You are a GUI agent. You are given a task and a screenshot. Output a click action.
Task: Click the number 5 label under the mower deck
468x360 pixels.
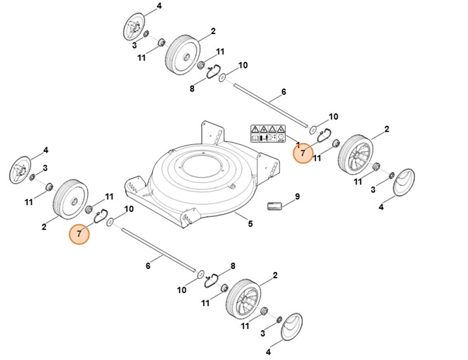(250, 223)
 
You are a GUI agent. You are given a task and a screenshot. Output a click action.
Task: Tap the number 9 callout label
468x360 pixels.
(297, 196)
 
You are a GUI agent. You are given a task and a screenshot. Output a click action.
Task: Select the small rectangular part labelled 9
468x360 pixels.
(273, 205)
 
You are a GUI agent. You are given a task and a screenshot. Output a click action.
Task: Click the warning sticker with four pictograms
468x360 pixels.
(268, 133)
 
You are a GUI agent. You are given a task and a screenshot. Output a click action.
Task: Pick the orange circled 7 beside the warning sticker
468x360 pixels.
(302, 153)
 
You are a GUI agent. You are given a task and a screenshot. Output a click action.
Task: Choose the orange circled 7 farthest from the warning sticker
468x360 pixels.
(79, 233)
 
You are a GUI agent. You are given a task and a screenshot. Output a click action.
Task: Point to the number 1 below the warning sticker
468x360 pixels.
(298, 146)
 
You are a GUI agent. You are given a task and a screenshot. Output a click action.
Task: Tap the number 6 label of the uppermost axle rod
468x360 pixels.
(283, 92)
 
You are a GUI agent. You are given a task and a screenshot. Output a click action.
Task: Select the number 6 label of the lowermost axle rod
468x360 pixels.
(148, 266)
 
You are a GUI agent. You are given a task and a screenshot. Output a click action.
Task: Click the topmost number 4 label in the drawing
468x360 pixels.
(159, 6)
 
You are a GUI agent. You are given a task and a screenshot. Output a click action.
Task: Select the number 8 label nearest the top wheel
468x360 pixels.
(192, 89)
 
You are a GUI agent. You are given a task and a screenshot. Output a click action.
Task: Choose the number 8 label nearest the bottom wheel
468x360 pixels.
(232, 266)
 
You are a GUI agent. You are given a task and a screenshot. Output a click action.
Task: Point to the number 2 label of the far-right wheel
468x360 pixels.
(386, 130)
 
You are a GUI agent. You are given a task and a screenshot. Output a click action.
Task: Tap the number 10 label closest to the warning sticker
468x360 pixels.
(333, 117)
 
